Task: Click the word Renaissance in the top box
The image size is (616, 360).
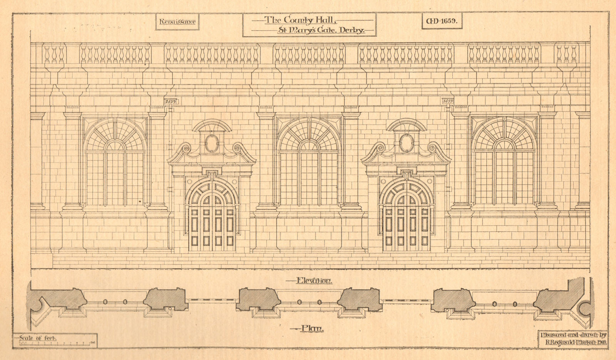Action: pos(177,22)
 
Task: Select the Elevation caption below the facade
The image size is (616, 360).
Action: pos(314,281)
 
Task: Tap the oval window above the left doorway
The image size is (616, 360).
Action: pos(211,143)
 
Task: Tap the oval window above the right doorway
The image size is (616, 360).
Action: pos(406,143)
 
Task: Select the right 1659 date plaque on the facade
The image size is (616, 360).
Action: pos(448,101)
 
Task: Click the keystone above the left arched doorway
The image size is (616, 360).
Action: pos(211,176)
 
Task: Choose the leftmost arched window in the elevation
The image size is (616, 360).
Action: pos(115,162)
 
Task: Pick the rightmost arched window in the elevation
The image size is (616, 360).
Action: pos(504,162)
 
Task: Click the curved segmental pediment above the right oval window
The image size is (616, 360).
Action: pos(406,125)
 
